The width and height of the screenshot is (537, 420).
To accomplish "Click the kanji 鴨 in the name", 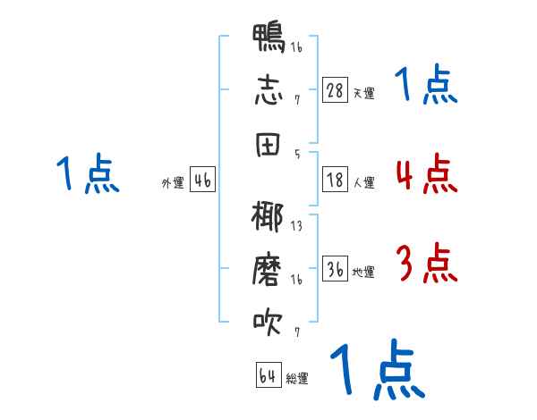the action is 268,38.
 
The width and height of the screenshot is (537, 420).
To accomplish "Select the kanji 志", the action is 268,90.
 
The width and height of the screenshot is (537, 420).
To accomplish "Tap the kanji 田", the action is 268,145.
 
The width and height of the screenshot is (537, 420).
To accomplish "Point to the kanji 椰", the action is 268,217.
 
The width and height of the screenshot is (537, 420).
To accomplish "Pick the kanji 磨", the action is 267,269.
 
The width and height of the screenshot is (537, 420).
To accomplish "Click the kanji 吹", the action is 268,322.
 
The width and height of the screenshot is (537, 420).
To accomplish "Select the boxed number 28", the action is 335,90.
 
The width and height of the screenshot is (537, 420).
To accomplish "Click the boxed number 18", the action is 335,180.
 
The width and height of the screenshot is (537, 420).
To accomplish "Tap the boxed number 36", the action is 335,268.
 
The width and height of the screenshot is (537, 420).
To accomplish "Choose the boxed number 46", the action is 202,180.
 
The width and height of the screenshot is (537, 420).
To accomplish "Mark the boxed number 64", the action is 268,374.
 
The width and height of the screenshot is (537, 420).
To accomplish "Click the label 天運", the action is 364,93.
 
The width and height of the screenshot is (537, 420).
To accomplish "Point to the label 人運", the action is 364,182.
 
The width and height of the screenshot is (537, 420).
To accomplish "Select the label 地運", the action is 363,272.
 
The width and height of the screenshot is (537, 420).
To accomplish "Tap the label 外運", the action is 173,183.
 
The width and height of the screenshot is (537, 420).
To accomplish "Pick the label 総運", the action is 297,378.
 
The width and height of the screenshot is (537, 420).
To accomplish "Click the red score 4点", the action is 426,173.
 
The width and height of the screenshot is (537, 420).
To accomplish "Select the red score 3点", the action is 426,263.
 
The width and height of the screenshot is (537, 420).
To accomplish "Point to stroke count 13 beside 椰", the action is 296,226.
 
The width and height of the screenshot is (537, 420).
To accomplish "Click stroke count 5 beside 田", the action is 297,155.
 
